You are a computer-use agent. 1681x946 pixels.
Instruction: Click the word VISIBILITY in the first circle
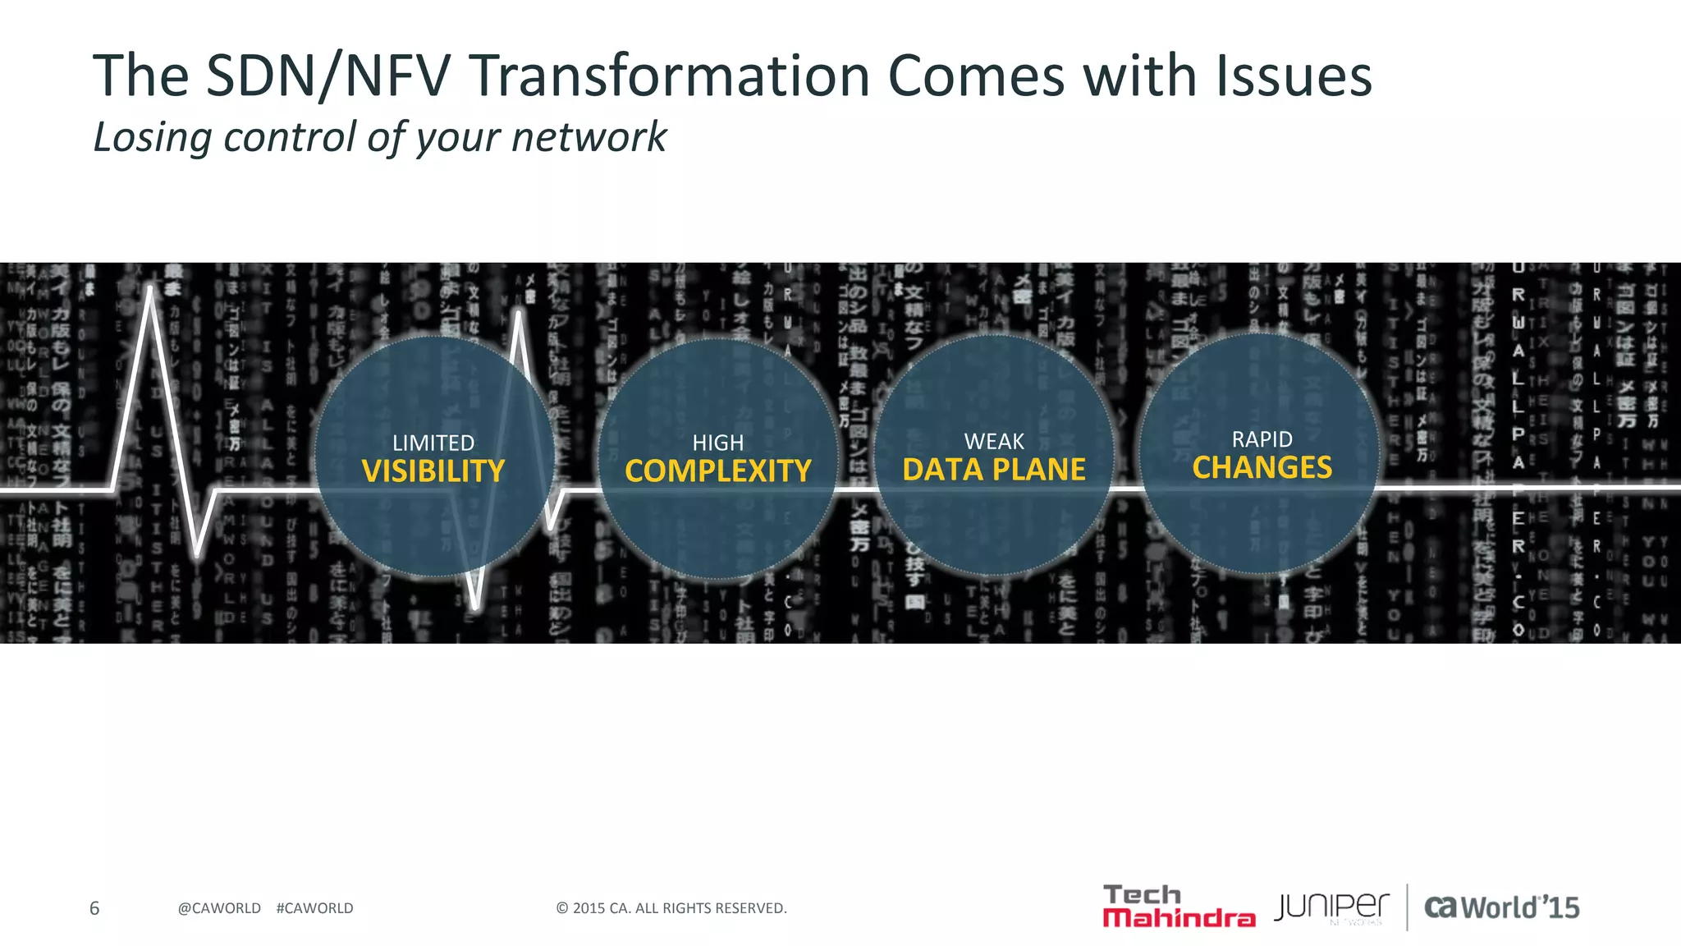[x=433, y=471]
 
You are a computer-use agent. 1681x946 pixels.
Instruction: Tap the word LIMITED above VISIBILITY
[x=433, y=443]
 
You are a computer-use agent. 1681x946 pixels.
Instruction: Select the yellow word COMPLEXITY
[x=717, y=471]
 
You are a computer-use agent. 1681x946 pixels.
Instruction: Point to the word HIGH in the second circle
[x=717, y=443]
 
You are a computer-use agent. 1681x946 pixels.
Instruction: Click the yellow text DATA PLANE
[x=993, y=470]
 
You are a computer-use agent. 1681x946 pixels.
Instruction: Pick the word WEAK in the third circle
[x=993, y=442]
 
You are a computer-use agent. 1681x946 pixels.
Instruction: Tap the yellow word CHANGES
[x=1262, y=468]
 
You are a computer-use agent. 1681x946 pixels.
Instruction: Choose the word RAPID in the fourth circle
[x=1262, y=439]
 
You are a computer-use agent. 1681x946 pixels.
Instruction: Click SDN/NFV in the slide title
[x=328, y=76]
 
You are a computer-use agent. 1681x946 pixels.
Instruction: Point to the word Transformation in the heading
[x=669, y=76]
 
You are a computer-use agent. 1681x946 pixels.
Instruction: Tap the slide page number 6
[x=94, y=908]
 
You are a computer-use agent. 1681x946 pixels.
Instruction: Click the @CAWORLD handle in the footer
[x=219, y=908]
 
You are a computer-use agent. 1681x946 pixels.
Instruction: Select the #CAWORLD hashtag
[x=314, y=908]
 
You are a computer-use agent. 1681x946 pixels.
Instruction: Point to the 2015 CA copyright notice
[x=671, y=908]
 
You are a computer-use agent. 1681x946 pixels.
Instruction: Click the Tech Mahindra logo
[x=1178, y=907]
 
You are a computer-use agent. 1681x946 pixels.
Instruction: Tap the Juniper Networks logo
[x=1331, y=907]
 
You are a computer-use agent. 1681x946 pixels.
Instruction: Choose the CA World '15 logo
[x=1501, y=907]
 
